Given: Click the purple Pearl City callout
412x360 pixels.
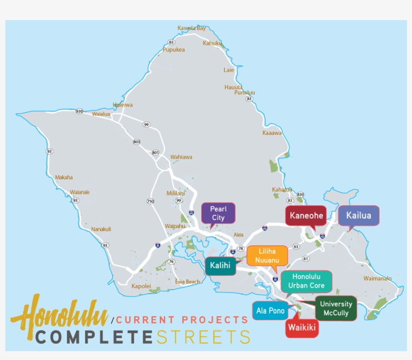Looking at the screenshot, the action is [218, 213].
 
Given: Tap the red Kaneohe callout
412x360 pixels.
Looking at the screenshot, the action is [305, 215].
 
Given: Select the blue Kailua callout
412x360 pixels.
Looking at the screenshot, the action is [358, 215].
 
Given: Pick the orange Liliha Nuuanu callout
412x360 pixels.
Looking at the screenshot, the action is [267, 255].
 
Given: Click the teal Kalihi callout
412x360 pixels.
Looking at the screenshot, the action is [220, 265].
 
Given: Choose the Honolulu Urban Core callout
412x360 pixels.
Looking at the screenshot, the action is [306, 281].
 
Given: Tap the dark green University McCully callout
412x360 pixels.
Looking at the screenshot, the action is [336, 308].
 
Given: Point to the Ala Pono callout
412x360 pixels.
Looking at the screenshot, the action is [270, 310].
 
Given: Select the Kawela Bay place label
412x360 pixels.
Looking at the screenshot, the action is [191, 28].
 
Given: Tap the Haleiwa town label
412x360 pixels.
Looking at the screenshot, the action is [123, 105].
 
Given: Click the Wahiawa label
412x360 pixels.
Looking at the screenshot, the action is [181, 157].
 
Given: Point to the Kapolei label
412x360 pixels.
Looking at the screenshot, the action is [141, 286].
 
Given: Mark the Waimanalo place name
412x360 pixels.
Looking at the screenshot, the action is [377, 278].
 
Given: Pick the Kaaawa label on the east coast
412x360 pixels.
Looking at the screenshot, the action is [272, 133].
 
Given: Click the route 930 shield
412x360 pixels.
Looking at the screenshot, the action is [79, 111].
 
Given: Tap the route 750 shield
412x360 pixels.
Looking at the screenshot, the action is [151, 201].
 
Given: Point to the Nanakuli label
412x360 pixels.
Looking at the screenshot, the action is [101, 229].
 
